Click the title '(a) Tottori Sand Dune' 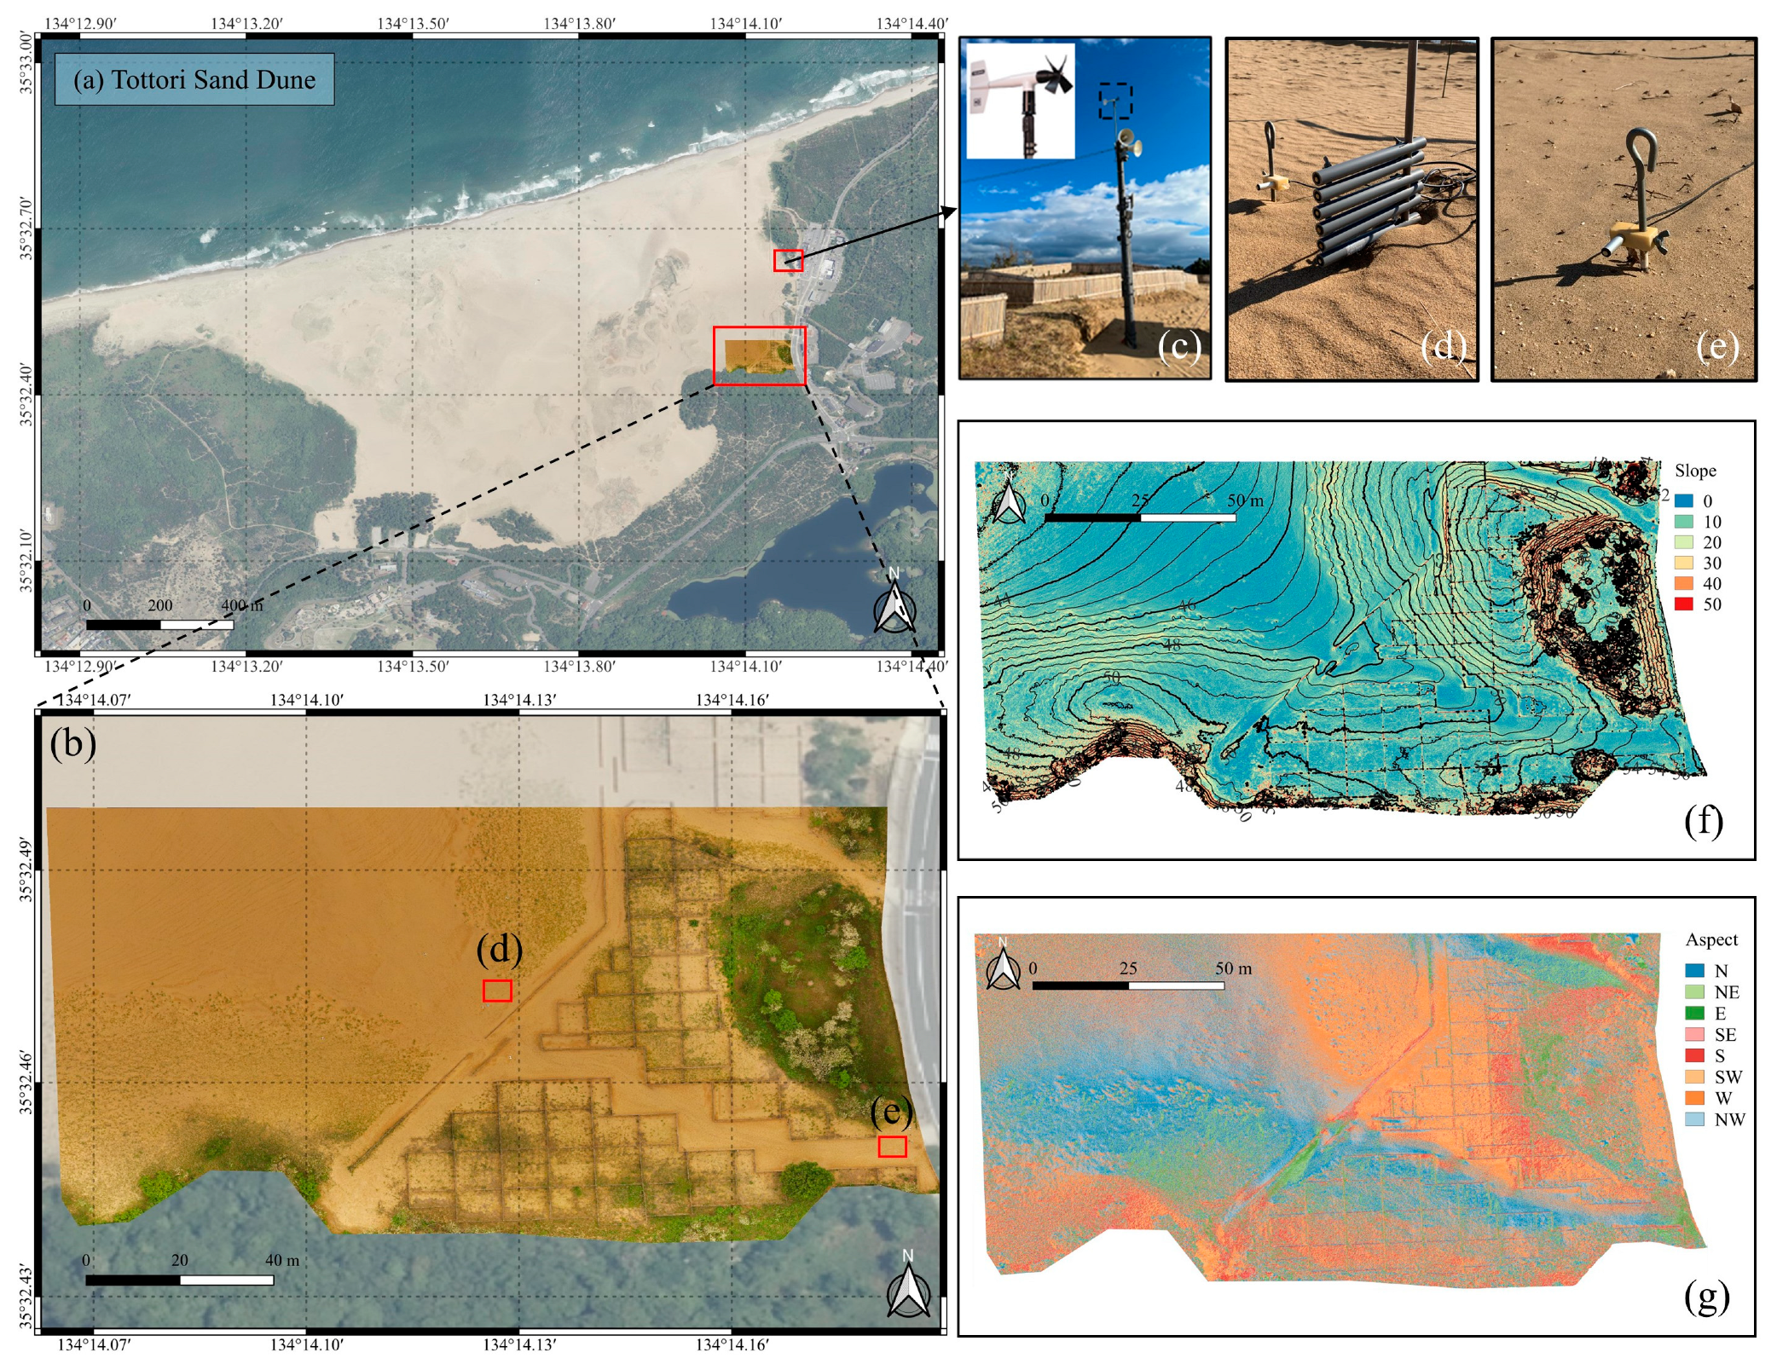click(x=194, y=80)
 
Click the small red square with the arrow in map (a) click(x=788, y=260)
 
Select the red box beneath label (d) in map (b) click(x=497, y=990)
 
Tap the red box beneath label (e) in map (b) click(x=892, y=1147)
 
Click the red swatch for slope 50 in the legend click(x=1683, y=604)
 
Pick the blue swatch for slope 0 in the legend click(x=1683, y=501)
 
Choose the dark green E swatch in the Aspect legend click(x=1694, y=1014)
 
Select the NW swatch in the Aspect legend click(x=1694, y=1119)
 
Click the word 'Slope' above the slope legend click(x=1695, y=471)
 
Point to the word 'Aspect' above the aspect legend click(x=1711, y=939)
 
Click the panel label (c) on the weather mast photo click(x=1179, y=346)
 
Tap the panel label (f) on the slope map click(x=1704, y=820)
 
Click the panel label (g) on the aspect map click(x=1706, y=1297)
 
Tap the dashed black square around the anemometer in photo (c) click(x=1115, y=100)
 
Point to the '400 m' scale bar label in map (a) click(x=241, y=605)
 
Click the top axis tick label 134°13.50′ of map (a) click(x=413, y=23)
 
